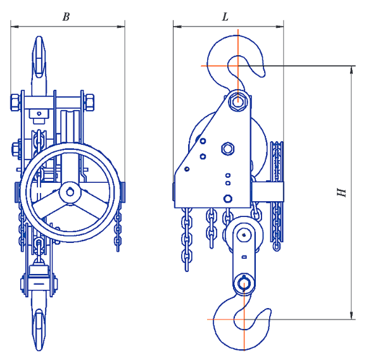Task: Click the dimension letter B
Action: tap(66, 17)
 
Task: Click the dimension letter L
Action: tap(225, 17)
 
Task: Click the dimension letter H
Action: tap(341, 192)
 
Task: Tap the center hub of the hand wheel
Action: tap(70, 192)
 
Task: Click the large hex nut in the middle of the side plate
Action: tap(227, 149)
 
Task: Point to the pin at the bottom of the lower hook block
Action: tap(244, 283)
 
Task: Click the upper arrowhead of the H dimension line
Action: tap(352, 70)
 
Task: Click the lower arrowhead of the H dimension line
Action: tap(352, 315)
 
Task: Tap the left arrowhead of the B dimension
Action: tap(15, 27)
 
